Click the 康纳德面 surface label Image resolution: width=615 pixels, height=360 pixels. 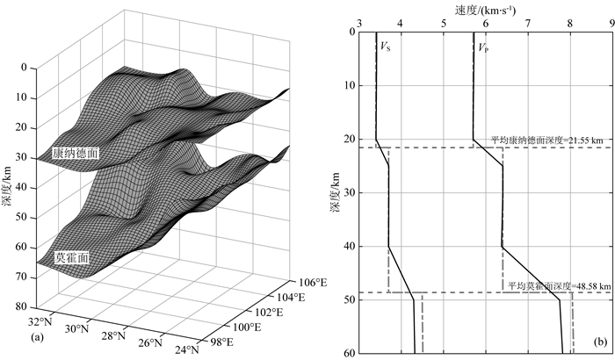point(76,154)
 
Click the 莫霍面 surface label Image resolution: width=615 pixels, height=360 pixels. point(72,257)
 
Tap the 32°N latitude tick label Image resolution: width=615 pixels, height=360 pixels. point(40,322)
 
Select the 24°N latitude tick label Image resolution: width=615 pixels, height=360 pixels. point(186,349)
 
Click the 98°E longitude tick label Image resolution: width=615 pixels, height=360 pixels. point(221,342)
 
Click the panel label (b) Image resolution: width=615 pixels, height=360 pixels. point(600,342)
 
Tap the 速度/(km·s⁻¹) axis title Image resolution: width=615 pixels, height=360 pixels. point(485,11)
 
